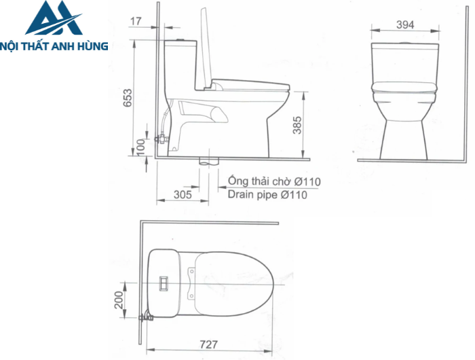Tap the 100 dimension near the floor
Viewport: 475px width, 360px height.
click(x=141, y=146)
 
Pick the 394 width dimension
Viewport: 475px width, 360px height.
click(x=404, y=24)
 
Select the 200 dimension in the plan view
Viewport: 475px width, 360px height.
click(x=120, y=300)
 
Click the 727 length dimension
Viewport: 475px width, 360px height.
click(x=210, y=344)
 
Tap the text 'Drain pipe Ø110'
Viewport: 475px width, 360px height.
click(x=267, y=195)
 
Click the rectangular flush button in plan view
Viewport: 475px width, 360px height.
click(x=163, y=281)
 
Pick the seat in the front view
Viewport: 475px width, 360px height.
click(x=404, y=86)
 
